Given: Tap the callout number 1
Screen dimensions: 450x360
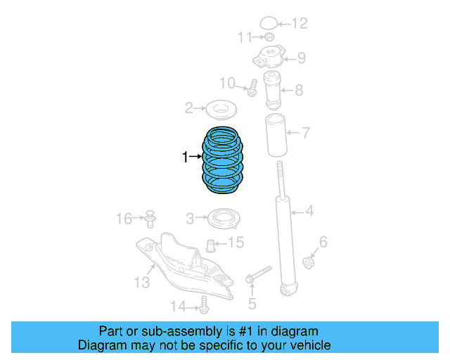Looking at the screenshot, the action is coord(185,158).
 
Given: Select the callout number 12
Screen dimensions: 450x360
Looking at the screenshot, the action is coord(300,24).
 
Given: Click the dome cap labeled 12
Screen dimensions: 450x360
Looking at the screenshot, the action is coord(269,22).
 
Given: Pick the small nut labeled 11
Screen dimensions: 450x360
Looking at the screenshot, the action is coord(269,37).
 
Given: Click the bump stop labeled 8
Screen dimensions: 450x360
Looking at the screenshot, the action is coord(272,89).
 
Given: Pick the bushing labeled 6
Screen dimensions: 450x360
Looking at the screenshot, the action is coord(308,263).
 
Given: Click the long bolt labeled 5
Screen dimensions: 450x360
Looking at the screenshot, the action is coord(259,274).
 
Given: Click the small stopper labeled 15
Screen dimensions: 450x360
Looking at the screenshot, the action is coord(209,245).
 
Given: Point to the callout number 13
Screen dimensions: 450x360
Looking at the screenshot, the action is coord(142,282).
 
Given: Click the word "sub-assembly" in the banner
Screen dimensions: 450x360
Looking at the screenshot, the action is coord(187,331).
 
